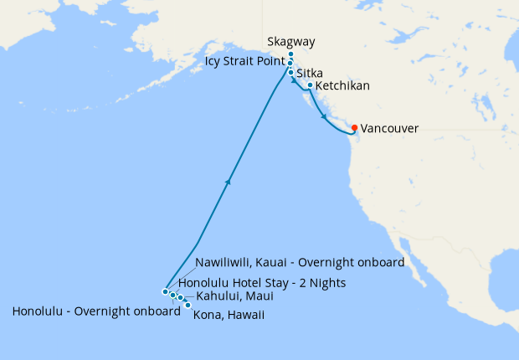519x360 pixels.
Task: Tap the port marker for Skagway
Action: [x=290, y=54]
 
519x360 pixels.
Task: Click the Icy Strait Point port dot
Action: [x=290, y=64]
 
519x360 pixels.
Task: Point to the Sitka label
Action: [x=311, y=74]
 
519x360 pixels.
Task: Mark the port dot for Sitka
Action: [x=290, y=73]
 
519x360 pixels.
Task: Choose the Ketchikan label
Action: [x=342, y=86]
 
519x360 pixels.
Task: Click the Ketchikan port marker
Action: [x=310, y=85]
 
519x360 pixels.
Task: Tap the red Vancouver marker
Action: [x=354, y=128]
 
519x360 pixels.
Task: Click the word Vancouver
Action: [x=389, y=129]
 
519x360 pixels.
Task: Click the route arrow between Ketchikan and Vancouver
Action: [x=323, y=118]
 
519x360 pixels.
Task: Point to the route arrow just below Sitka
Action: [x=295, y=81]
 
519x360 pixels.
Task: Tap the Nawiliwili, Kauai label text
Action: [x=300, y=262]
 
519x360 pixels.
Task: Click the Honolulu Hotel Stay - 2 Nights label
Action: [x=262, y=284]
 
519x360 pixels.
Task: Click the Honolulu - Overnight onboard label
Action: [x=96, y=311]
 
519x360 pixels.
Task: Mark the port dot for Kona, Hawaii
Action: [x=188, y=305]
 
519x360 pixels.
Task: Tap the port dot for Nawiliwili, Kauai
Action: [x=165, y=291]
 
